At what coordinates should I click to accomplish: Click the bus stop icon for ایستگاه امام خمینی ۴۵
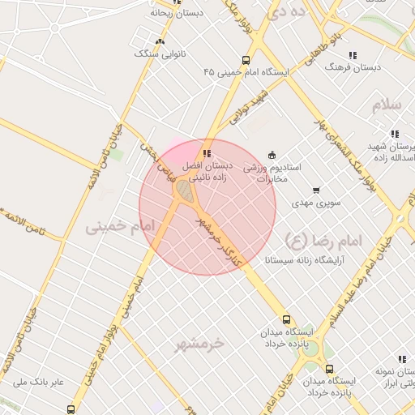(246, 60)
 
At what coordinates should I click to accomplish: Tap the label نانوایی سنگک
(160, 53)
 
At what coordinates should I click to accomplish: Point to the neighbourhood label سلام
(387, 106)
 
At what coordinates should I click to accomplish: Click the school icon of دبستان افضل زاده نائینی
(207, 153)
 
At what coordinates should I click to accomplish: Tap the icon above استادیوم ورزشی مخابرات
(272, 155)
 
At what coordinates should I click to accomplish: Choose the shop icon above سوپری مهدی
(315, 190)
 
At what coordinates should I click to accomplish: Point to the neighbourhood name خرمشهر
(199, 344)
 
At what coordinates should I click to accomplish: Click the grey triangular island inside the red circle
(185, 192)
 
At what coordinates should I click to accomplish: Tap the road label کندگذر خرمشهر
(220, 235)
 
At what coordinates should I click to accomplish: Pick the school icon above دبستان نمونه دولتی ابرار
(401, 359)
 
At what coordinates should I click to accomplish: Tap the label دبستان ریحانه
(177, 13)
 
